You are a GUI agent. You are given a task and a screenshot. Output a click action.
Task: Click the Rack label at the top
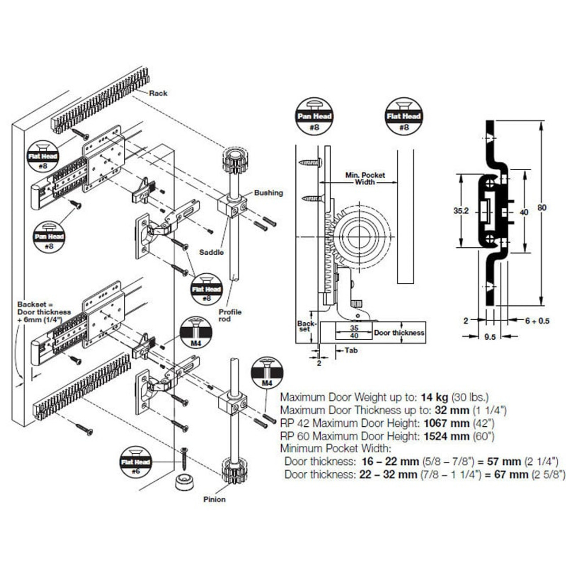point(158,93)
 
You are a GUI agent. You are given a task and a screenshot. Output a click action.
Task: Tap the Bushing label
point(268,193)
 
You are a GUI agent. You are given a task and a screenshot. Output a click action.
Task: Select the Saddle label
point(211,252)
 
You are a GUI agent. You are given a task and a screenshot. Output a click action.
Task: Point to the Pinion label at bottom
point(214,499)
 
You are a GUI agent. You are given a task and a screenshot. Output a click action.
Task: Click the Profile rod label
point(229,315)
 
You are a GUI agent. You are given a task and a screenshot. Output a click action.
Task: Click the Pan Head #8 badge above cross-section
point(314,116)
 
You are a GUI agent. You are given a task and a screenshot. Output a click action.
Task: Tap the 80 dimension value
point(542,208)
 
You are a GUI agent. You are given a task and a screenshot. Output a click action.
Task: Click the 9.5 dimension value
point(490,337)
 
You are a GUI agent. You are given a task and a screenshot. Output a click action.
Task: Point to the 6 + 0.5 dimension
point(537,321)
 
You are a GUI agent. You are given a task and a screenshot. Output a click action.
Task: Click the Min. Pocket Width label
point(365,179)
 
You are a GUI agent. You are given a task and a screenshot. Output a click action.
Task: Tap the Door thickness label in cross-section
point(399,333)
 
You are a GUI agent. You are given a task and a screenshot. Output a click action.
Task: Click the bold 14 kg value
point(434,397)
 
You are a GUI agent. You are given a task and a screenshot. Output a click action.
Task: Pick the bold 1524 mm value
point(446,436)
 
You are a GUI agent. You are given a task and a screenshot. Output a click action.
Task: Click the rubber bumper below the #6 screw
point(185,481)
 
